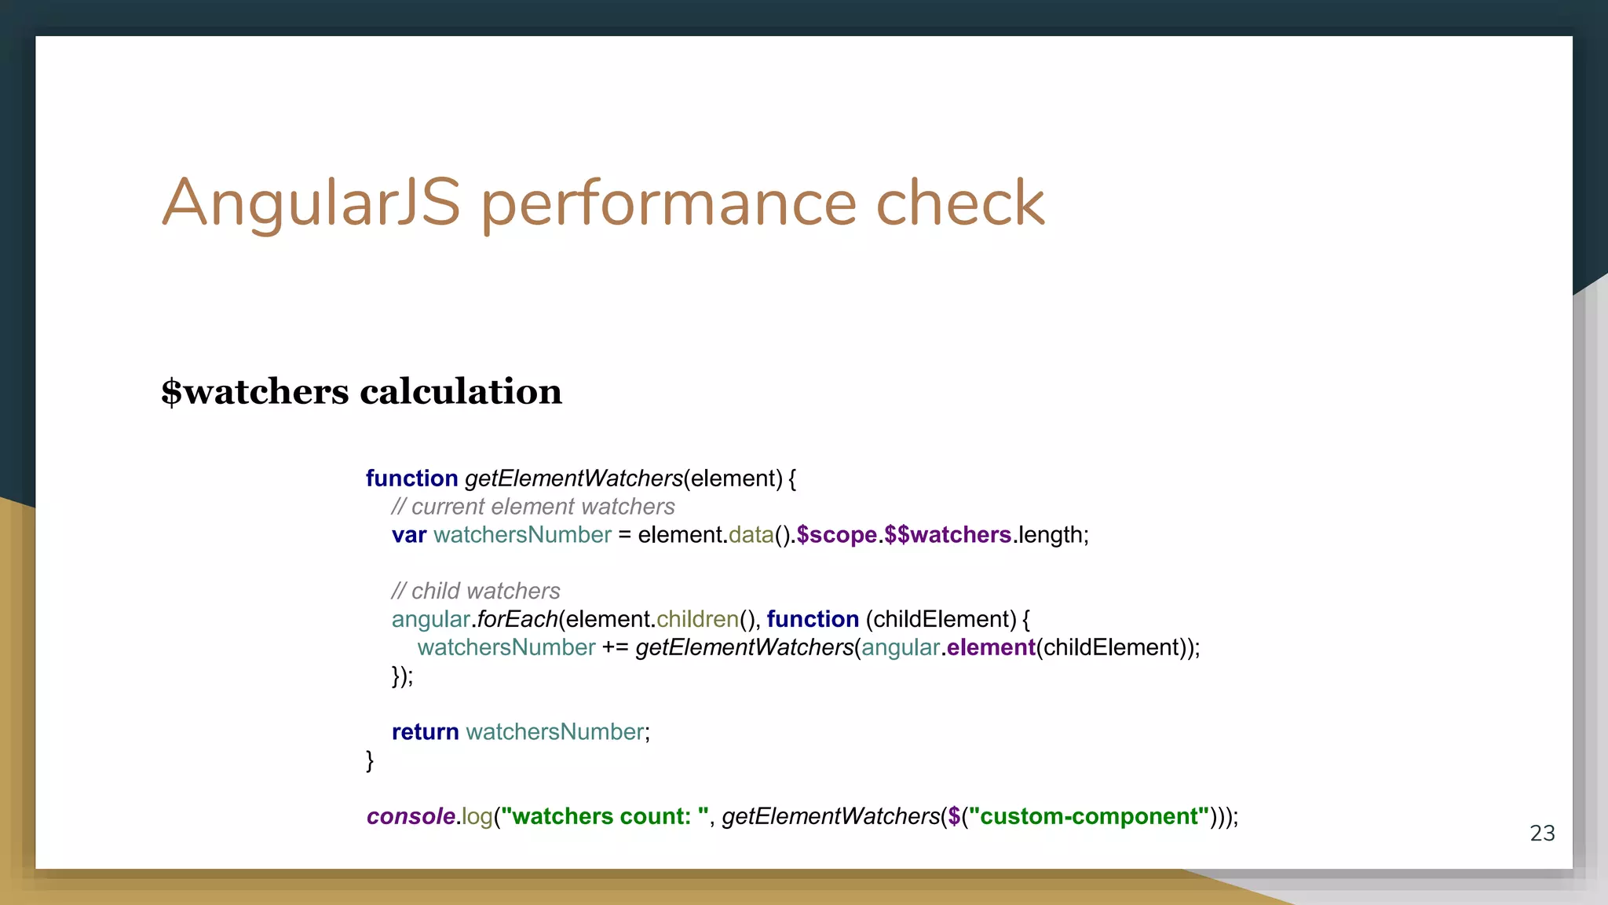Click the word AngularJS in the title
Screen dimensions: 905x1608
pos(311,203)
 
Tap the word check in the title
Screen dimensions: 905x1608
pos(959,203)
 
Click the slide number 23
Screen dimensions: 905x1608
pos(1542,834)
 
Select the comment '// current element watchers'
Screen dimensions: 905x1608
pos(533,507)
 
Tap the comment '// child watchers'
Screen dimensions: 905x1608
pos(476,591)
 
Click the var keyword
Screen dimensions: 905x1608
pos(409,535)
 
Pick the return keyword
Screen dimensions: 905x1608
pos(426,732)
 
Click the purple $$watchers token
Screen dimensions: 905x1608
pos(948,535)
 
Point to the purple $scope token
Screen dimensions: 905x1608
pos(837,535)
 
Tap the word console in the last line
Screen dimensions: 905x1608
pos(411,817)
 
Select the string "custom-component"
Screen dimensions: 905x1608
pos(1089,817)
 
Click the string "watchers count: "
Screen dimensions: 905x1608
pos(605,817)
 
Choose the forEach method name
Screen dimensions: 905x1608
pos(517,619)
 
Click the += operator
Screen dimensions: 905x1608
pos(616,647)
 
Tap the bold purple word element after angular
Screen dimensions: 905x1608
pos(991,647)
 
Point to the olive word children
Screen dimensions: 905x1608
pos(698,619)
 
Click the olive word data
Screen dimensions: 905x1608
pos(751,535)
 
